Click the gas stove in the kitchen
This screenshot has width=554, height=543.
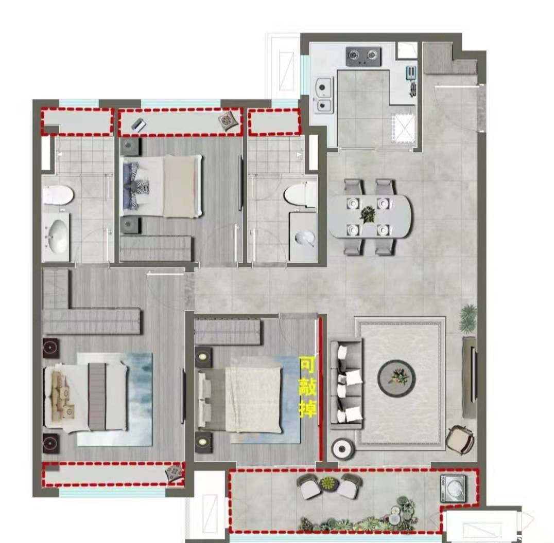tap(363, 56)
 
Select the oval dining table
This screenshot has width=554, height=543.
tap(370, 216)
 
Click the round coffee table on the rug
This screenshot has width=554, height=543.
tap(396, 378)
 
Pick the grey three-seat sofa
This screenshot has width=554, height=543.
tap(346, 384)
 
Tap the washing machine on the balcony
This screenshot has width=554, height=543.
tap(453, 488)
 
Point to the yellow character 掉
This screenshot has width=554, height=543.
tap(307, 409)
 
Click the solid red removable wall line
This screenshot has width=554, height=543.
tap(321, 389)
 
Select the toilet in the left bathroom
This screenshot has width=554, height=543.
tap(58, 195)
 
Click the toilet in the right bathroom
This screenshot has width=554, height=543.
tap(300, 194)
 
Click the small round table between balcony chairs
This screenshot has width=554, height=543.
tap(329, 483)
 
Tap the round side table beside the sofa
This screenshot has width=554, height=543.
tap(342, 448)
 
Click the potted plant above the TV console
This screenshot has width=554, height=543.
tap(469, 318)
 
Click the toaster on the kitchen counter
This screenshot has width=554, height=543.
tap(411, 73)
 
